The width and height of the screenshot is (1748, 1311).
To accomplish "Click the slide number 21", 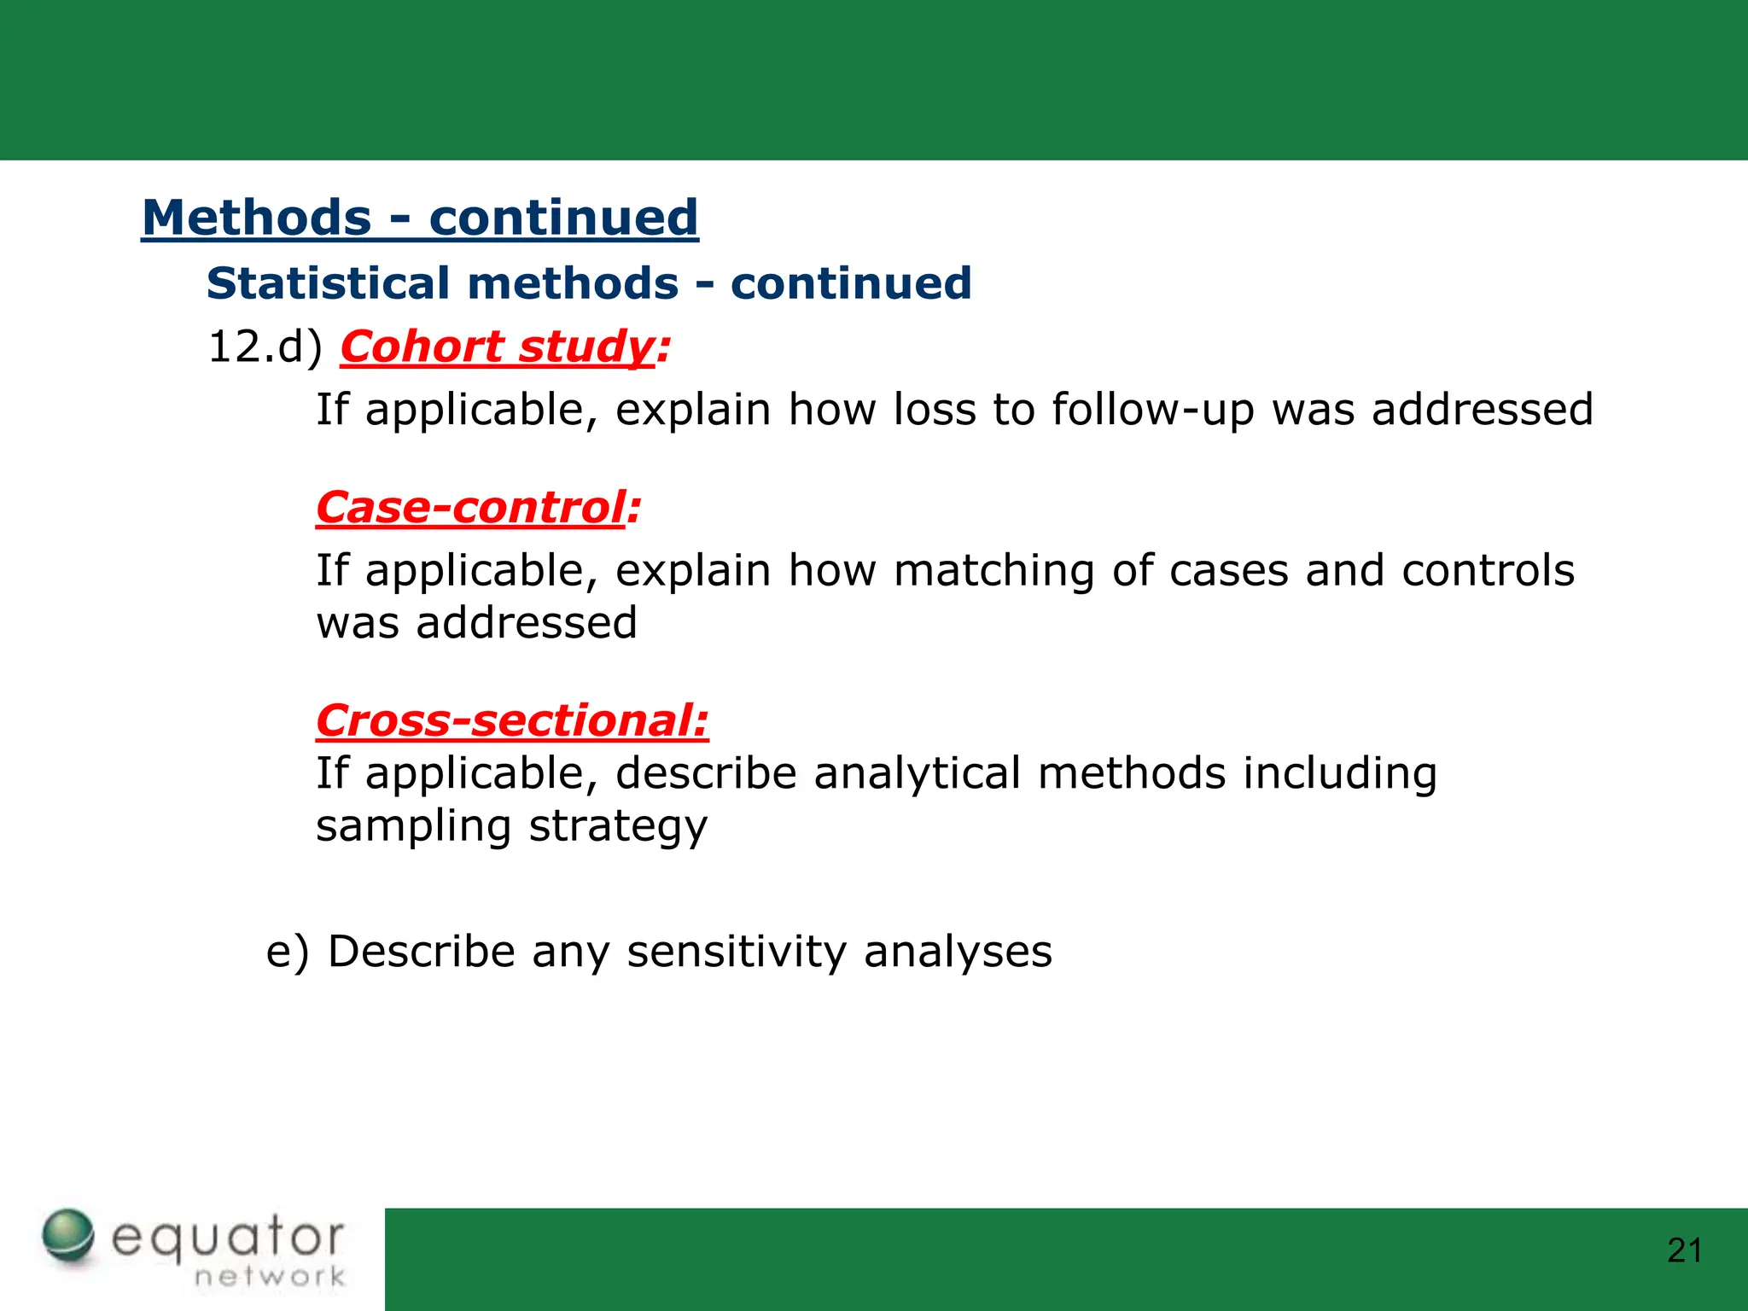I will pos(1684,1250).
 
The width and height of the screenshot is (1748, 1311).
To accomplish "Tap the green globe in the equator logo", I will pos(68,1234).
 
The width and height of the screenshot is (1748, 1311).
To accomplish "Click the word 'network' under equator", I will pos(270,1277).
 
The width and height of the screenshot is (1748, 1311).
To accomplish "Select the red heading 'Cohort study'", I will pos(498,347).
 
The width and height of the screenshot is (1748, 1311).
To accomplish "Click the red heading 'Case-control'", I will pos(471,508).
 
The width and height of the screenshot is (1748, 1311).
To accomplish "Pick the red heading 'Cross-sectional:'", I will pos(512,720).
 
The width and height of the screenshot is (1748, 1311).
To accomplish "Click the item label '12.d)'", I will pos(265,347).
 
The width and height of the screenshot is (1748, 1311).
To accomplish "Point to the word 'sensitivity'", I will pos(736,952).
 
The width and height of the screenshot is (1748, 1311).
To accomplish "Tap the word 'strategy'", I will pos(618,827).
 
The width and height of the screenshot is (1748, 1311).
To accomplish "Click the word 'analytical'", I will pos(917,773).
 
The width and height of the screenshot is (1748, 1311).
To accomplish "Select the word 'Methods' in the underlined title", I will pos(256,218).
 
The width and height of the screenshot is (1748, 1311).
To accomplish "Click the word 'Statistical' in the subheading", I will pos(329,283).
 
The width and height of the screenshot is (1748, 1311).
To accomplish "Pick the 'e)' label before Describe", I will pos(287,952).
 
